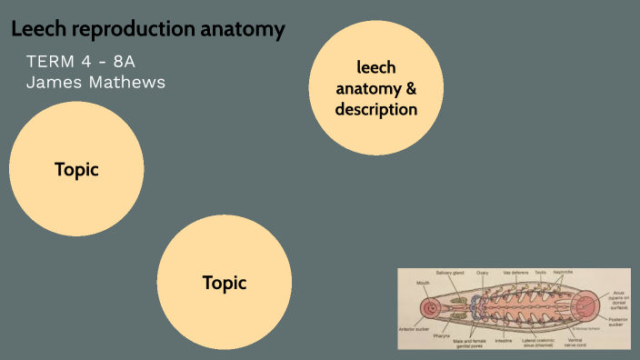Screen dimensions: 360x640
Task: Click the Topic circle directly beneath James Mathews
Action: [x=76, y=169]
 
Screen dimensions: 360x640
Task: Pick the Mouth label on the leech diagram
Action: [x=423, y=283]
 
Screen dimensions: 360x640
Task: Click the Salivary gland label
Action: [x=450, y=273]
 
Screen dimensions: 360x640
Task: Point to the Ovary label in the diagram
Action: [x=482, y=273]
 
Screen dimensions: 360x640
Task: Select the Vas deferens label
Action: [x=515, y=273]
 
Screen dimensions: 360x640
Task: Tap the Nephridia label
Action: [x=563, y=273]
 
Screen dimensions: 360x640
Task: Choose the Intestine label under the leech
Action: [x=504, y=340]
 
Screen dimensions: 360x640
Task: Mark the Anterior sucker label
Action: [x=413, y=329]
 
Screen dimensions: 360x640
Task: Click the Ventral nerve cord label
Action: [x=575, y=343]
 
